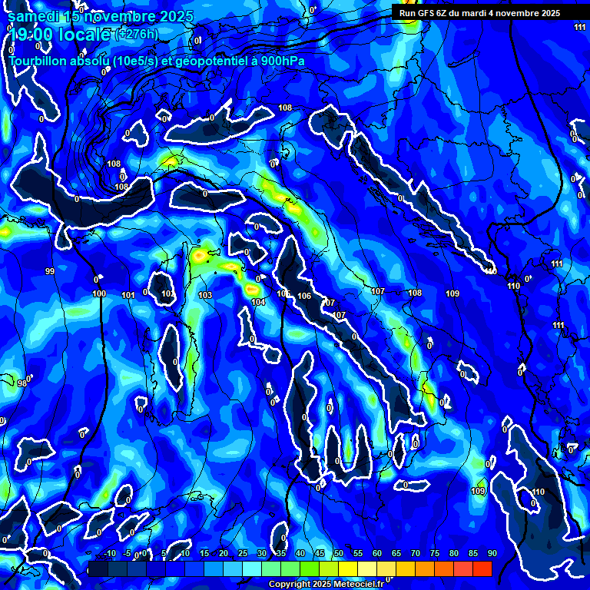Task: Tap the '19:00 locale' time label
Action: click(x=58, y=34)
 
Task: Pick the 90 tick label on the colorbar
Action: click(x=492, y=554)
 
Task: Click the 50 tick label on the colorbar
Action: click(x=339, y=554)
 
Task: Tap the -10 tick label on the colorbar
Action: click(x=110, y=554)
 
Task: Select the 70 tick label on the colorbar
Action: click(x=416, y=554)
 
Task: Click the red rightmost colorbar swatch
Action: click(x=482, y=568)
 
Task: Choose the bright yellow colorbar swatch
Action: click(x=348, y=568)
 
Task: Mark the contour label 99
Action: click(x=50, y=272)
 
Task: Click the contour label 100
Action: click(x=99, y=293)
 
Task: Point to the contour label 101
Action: click(x=128, y=295)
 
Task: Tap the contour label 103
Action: click(x=205, y=295)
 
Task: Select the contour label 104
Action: click(x=258, y=303)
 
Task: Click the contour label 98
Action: click(x=22, y=383)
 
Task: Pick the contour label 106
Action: click(x=304, y=297)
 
